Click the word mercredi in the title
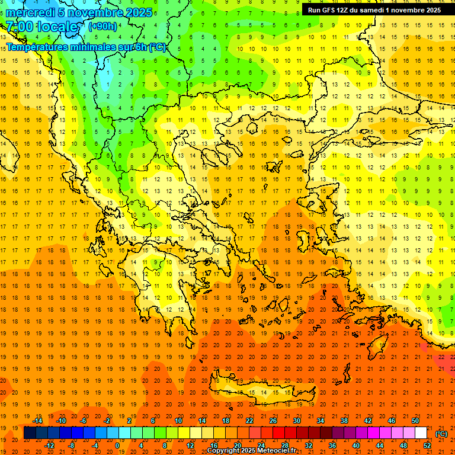coord(31,12)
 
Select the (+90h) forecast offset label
coord(102,27)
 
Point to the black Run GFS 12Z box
coord(374,10)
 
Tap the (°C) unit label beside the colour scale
coord(441,434)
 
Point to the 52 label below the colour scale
coord(427,446)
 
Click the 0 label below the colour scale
coord(118,446)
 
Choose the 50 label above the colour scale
coord(415,421)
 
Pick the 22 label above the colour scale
coord(249,421)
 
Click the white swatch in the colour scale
coord(421,433)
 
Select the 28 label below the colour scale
coord(284,446)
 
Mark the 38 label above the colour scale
coord(344,421)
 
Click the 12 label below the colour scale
coord(190,446)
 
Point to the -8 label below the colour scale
coord(71,446)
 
